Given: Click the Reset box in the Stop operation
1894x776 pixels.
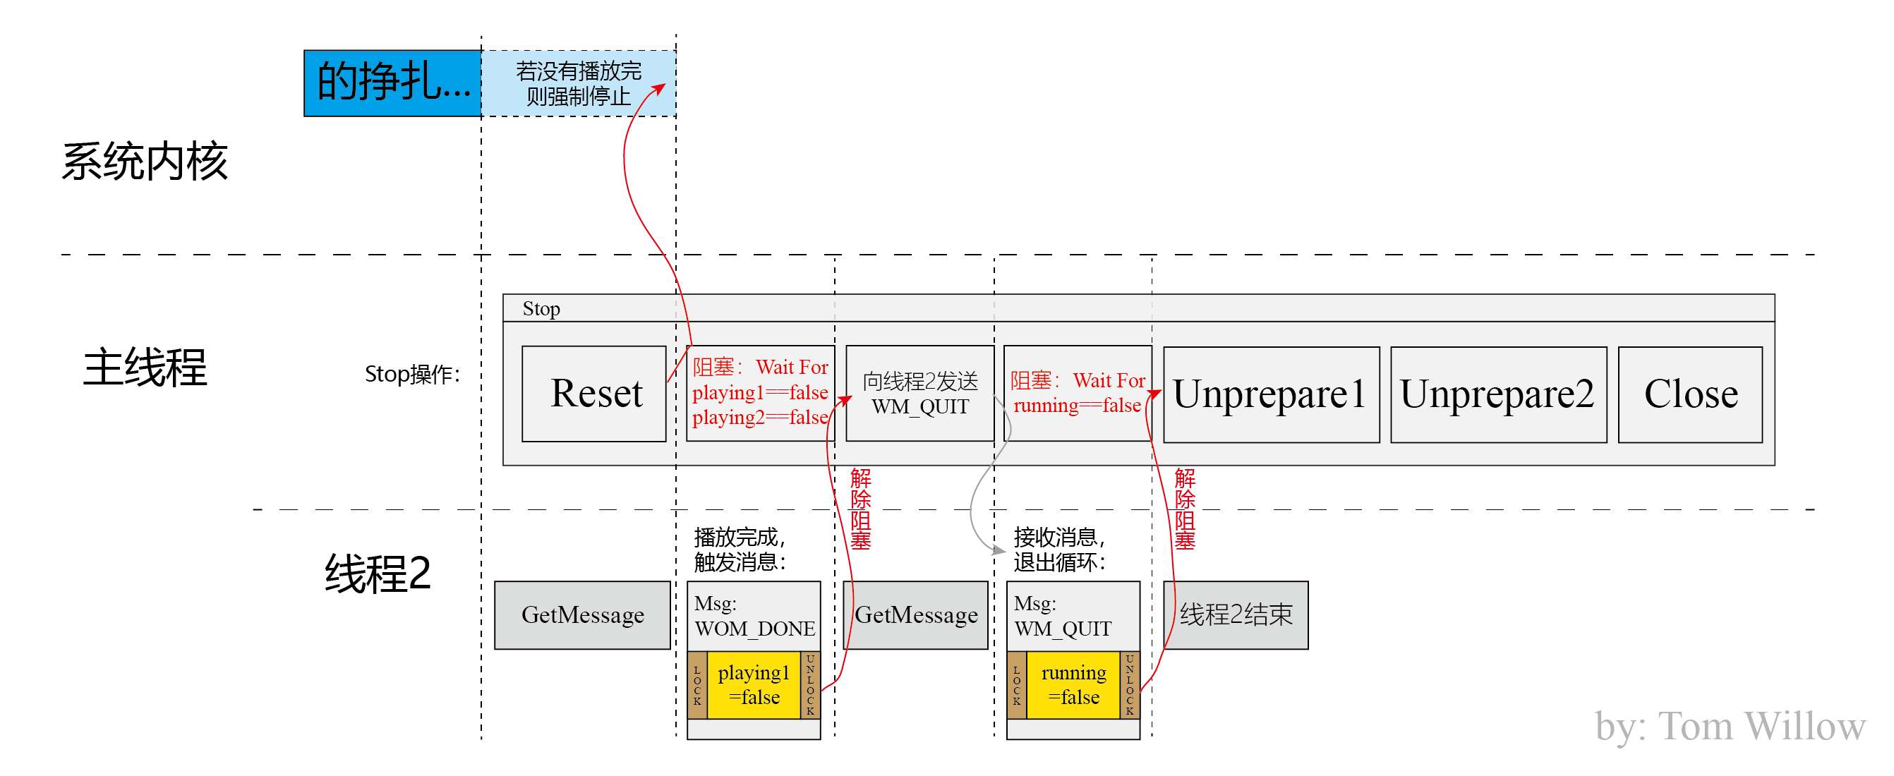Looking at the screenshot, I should click(x=593, y=393).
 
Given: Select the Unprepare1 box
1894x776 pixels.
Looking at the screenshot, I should click(x=1270, y=394).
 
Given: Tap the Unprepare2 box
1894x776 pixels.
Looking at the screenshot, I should click(x=1497, y=394).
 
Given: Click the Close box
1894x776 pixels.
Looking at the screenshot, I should click(x=1689, y=394).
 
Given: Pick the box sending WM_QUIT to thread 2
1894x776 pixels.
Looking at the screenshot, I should click(x=919, y=393).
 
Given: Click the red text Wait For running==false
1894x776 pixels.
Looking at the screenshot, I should click(x=1077, y=393).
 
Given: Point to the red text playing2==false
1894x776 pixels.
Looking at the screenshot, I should click(x=759, y=418).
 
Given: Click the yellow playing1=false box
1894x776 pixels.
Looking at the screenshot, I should click(x=753, y=684).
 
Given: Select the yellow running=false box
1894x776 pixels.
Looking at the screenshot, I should click(x=1073, y=684).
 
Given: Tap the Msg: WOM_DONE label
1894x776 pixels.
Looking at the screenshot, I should click(x=754, y=616).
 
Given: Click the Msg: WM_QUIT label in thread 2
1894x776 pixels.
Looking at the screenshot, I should click(x=1062, y=616).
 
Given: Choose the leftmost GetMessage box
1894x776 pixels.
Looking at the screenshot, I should click(x=582, y=615).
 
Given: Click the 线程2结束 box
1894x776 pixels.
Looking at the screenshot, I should click(x=1235, y=615).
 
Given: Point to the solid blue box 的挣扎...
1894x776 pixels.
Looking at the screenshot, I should click(x=392, y=83).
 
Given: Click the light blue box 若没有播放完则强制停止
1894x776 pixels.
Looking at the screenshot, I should click(x=578, y=83).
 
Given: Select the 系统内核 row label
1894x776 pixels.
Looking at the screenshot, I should click(x=144, y=161).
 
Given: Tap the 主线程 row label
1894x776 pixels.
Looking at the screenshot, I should click(x=144, y=367).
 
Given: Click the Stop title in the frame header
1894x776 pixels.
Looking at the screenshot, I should click(x=541, y=309).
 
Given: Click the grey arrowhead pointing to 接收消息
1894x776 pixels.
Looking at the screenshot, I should click(x=999, y=550).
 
